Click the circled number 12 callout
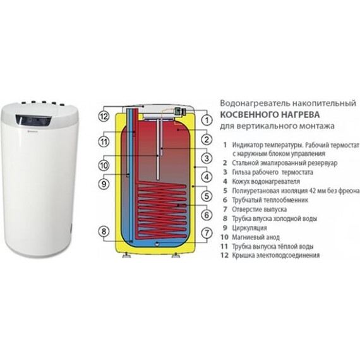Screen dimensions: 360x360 coord(104,117)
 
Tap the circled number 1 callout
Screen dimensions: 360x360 coord(207,120)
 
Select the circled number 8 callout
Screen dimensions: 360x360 coord(104,231)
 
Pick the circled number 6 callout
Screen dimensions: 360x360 coord(207,215)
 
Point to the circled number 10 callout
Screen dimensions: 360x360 coord(104,165)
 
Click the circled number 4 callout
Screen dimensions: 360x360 coord(207,177)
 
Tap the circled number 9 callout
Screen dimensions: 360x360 coord(104,184)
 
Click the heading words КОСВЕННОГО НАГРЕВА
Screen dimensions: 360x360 coord(270,114)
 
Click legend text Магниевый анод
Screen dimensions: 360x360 coord(256,237)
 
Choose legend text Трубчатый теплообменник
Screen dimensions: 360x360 coord(270,200)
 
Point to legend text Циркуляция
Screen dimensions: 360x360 coord(249,228)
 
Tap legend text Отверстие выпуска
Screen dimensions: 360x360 coord(259,210)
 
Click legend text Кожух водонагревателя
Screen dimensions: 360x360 coord(266,182)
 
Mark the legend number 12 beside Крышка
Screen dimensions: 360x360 coord(224,255)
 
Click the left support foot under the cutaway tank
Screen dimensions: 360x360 coord(126,255)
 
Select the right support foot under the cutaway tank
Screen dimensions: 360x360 coord(176,255)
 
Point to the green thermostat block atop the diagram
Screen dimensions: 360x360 coord(177,111)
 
